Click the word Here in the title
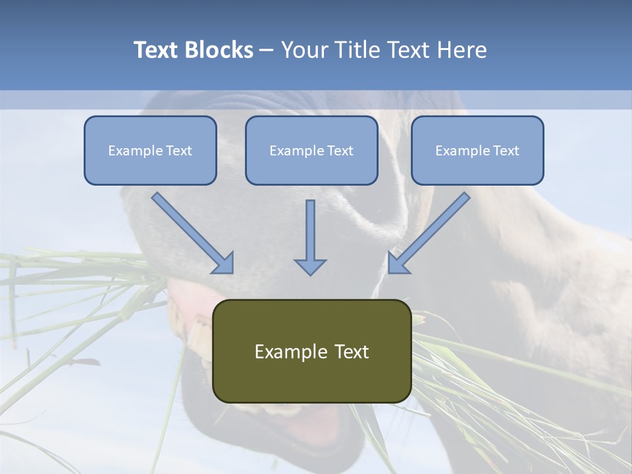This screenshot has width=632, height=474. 460,50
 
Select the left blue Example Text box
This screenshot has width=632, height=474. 150,150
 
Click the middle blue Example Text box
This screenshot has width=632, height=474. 311,150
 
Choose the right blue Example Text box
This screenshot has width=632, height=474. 477,150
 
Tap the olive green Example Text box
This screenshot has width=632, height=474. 311,351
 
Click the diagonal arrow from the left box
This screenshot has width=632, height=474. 193,233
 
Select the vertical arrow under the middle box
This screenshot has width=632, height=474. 310,237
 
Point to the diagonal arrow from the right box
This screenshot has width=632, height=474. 429,233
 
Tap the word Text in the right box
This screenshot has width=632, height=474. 506,151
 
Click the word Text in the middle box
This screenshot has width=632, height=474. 340,151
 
